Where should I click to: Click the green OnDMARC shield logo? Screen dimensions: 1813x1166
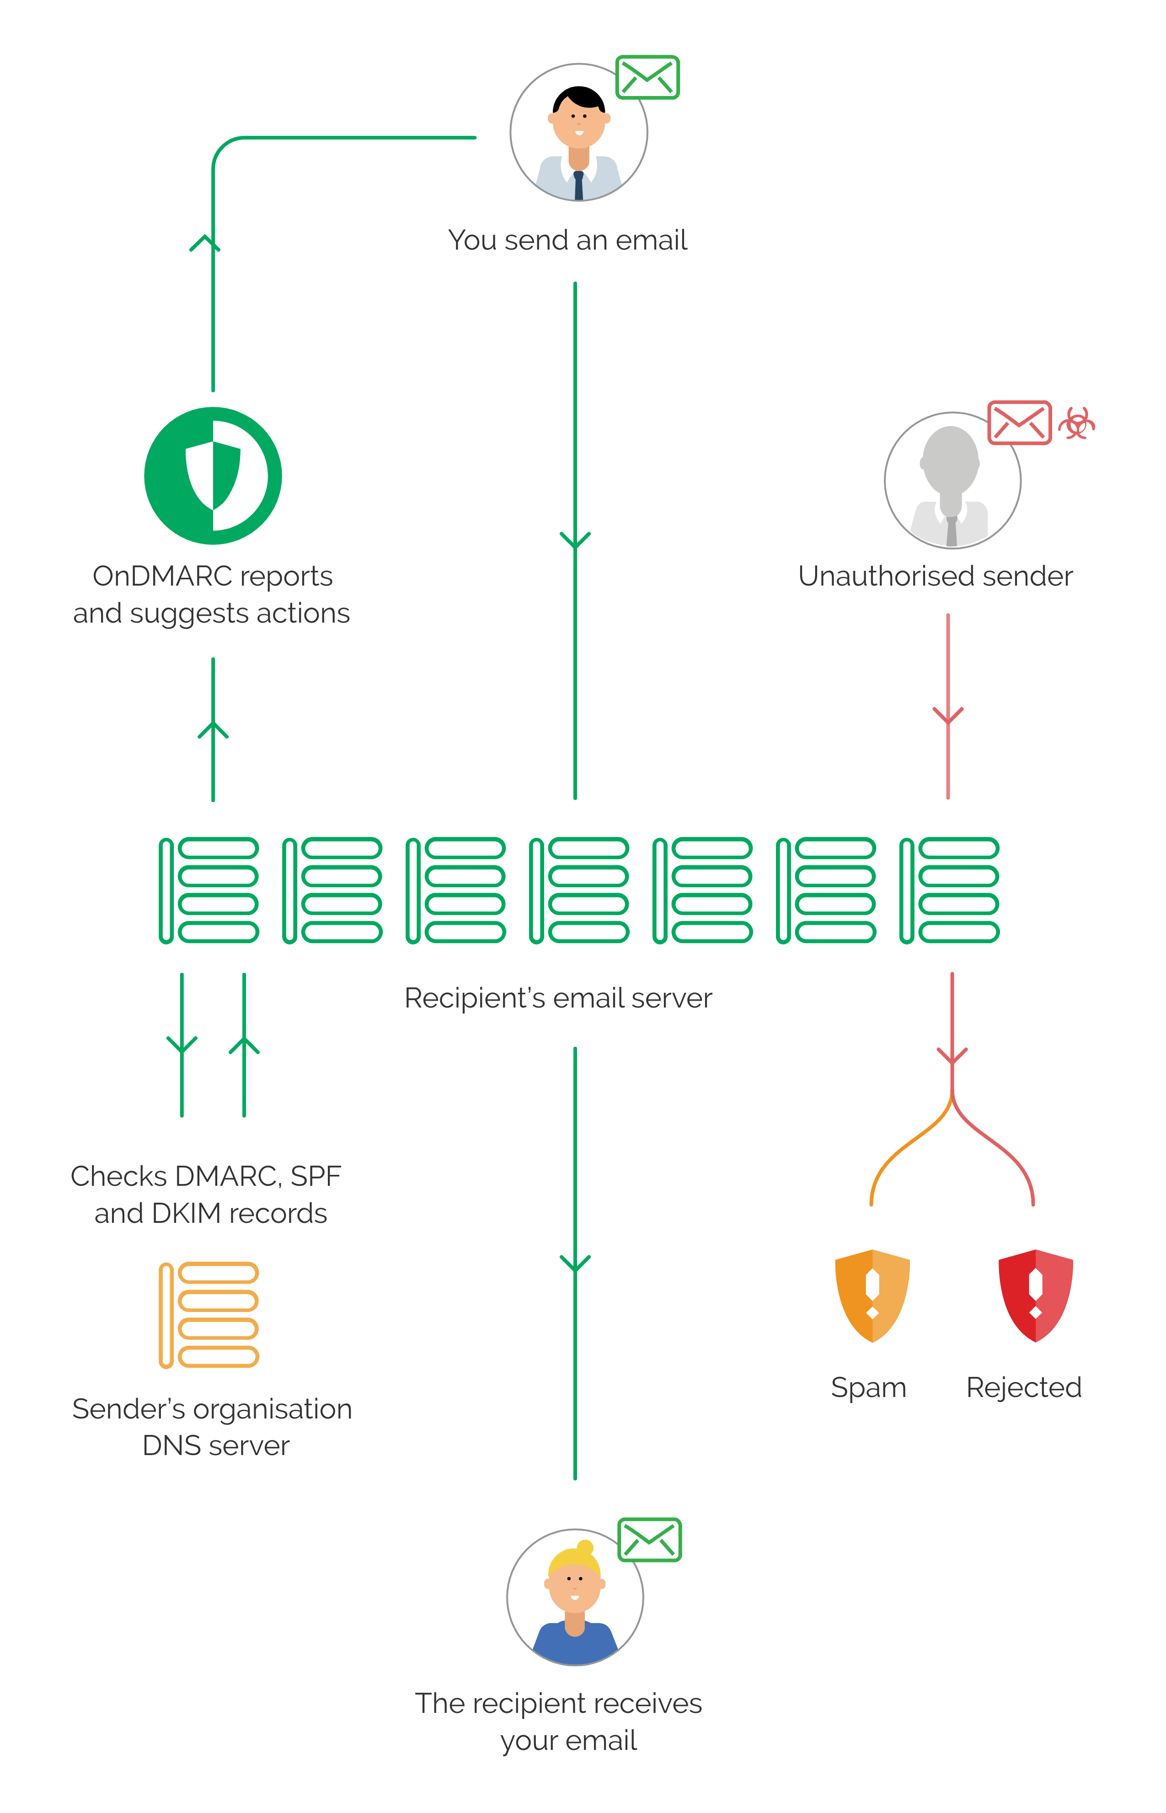pyautogui.click(x=213, y=475)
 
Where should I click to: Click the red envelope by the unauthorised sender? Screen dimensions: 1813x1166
pyautogui.click(x=1019, y=422)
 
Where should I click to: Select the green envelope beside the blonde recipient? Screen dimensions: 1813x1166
pyautogui.click(x=650, y=1539)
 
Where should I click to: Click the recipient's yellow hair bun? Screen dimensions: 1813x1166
pyautogui.click(x=584, y=1547)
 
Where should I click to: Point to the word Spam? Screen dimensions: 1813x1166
pyautogui.click(x=868, y=1387)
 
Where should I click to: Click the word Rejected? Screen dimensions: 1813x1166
pyautogui.click(x=1024, y=1387)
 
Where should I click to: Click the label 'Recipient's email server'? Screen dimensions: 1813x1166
pyautogui.click(x=558, y=998)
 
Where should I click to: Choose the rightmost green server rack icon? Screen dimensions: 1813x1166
pyautogui.click(x=949, y=890)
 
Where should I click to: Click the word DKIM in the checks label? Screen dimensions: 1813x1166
pyautogui.click(x=186, y=1213)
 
